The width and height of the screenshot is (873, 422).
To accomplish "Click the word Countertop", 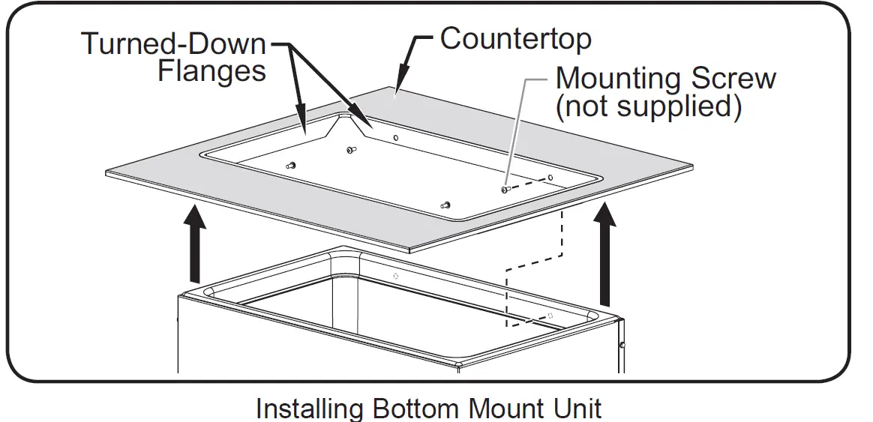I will point(515,39).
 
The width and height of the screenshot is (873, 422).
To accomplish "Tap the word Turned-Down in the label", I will point(173,44).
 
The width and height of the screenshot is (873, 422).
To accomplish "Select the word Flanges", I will point(212,71).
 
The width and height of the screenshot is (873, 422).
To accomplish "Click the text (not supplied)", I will point(648,106).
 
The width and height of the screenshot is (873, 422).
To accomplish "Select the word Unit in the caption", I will point(577,409).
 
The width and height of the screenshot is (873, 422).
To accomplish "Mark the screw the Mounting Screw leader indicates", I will point(505,190).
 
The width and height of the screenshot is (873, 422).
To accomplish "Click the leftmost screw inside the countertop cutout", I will point(292,164).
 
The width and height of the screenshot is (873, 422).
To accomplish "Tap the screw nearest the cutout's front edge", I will point(447,204).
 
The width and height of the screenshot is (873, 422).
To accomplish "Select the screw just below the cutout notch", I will point(350,150).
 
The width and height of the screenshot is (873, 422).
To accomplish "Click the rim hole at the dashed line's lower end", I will point(551,315).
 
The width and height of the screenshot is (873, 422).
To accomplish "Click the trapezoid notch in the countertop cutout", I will point(347,124).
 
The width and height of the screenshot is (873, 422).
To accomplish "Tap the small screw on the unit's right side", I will point(622,345).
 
